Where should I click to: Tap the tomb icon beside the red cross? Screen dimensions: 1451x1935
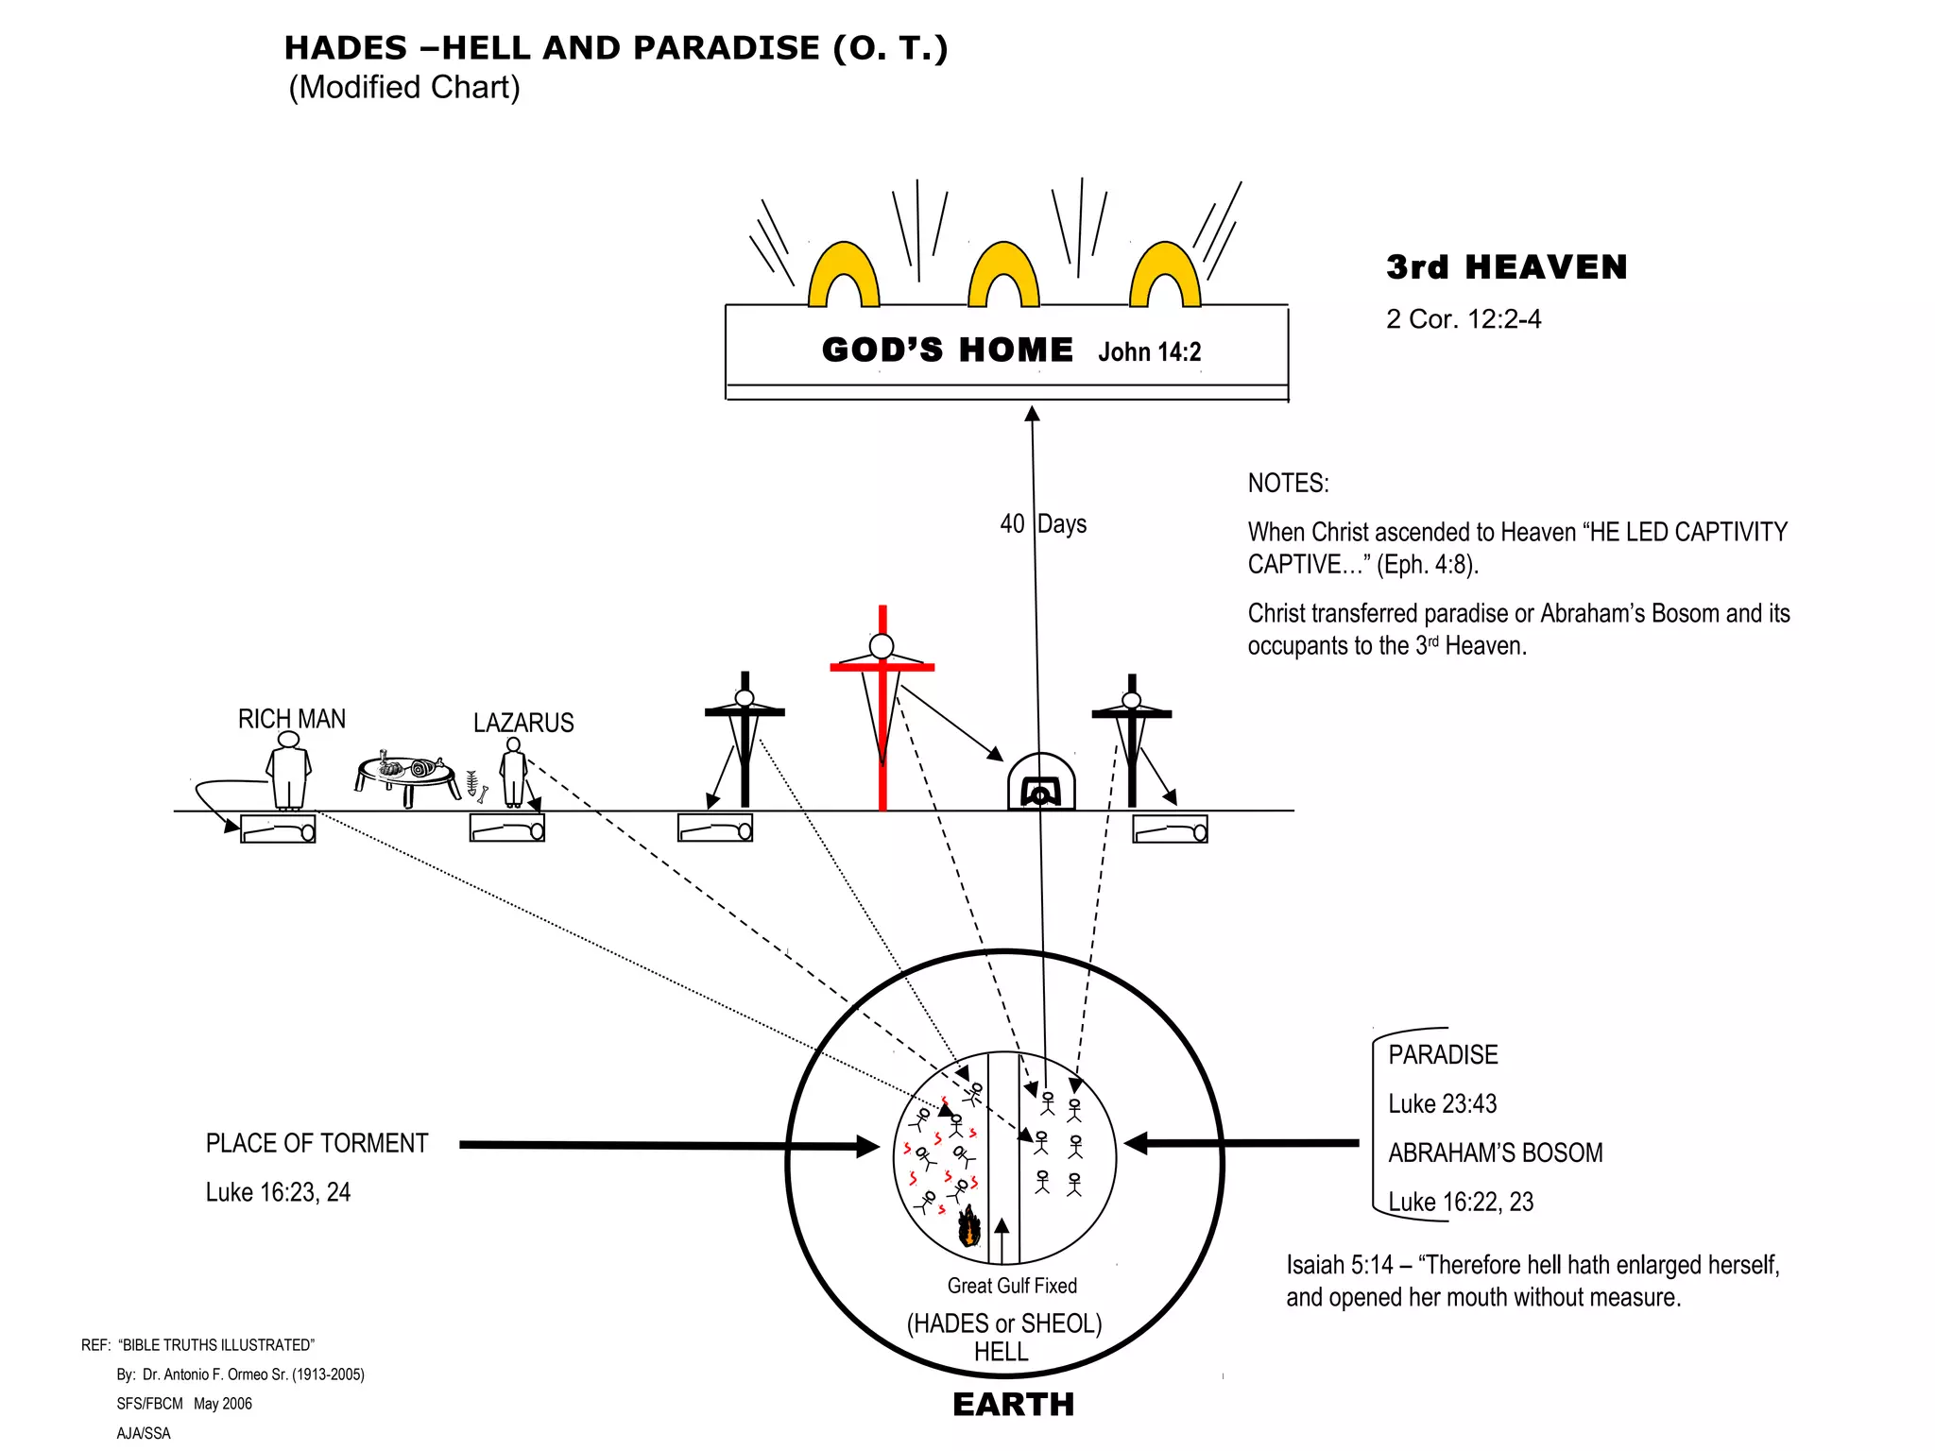click(x=1040, y=783)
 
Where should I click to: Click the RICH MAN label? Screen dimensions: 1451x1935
click(x=291, y=720)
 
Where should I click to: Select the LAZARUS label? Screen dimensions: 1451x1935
click(x=523, y=724)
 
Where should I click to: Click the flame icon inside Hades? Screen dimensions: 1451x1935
click(x=968, y=1228)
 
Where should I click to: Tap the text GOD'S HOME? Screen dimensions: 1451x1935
click(x=947, y=350)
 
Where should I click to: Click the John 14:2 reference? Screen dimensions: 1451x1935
click(x=1149, y=352)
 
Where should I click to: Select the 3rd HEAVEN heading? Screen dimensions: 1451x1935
click(x=1506, y=268)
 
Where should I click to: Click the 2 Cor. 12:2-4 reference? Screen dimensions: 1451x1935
click(x=1463, y=319)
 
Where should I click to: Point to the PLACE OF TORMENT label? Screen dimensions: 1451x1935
click(x=317, y=1144)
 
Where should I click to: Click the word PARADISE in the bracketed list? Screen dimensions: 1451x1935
click(x=1443, y=1055)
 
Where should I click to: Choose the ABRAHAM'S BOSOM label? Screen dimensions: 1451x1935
click(x=1495, y=1153)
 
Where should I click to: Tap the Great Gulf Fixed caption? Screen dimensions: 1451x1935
click(x=1012, y=1286)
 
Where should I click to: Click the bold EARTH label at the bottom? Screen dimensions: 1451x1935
click(x=1013, y=1405)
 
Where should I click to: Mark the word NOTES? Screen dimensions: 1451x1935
click(x=1288, y=484)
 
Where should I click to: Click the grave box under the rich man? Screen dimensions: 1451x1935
click(x=278, y=829)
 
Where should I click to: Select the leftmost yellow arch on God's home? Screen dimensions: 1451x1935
click(x=844, y=277)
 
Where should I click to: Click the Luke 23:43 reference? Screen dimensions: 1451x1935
click(x=1442, y=1104)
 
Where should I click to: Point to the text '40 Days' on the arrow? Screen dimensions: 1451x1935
click(x=1043, y=524)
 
